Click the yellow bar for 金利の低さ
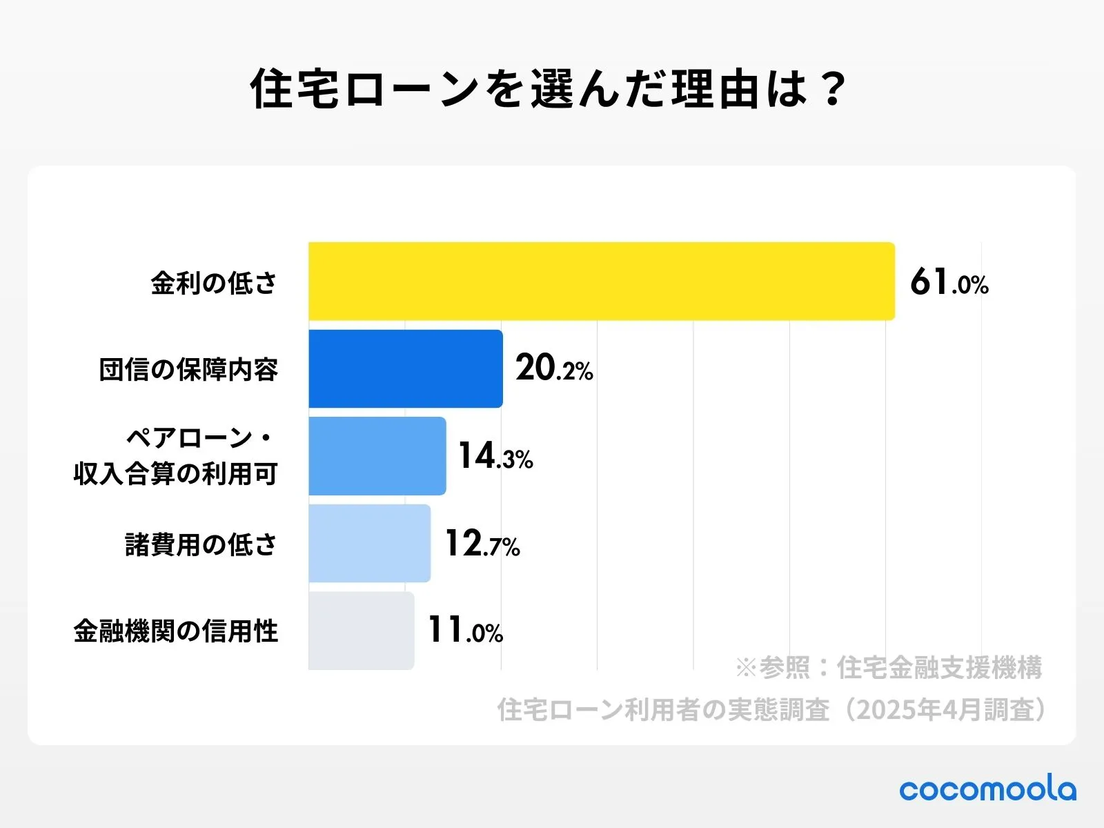[601, 281]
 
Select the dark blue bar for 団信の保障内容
[405, 368]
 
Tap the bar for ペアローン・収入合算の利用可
[377, 456]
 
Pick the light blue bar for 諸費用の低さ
[369, 543]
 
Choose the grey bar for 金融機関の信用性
[361, 630]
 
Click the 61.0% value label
[949, 282]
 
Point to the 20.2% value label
[554, 368]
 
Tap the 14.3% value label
[495, 456]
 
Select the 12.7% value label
[482, 544]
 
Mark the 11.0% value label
[465, 630]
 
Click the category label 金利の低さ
[214, 283]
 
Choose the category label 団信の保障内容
[188, 370]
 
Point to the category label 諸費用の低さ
[201, 544]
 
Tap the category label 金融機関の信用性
[176, 631]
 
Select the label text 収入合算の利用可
[176, 474]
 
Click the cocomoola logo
[987, 789]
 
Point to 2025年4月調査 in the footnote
[945, 709]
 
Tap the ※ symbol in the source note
[746, 668]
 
